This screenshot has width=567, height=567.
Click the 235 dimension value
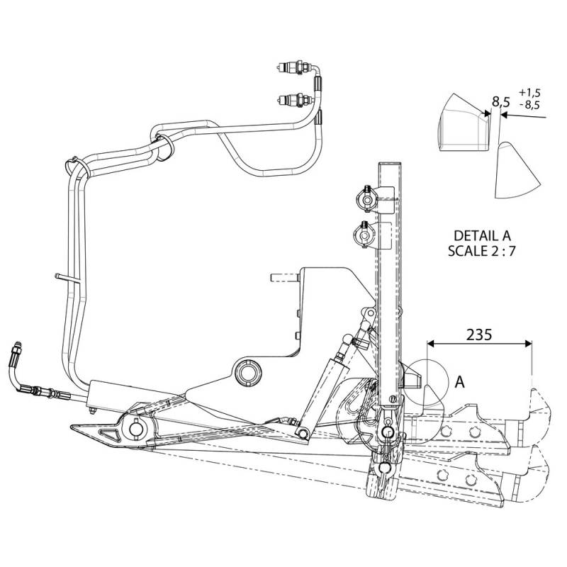479,335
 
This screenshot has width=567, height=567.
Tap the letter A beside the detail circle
459,381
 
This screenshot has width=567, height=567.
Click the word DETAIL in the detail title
474,236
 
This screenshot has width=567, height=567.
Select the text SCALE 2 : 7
481,251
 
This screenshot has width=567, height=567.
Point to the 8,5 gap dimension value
501,102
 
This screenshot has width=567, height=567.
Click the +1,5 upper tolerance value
529,93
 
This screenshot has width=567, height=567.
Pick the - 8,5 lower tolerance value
529,105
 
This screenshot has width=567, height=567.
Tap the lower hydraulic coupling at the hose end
294,99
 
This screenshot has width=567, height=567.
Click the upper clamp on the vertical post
367,199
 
